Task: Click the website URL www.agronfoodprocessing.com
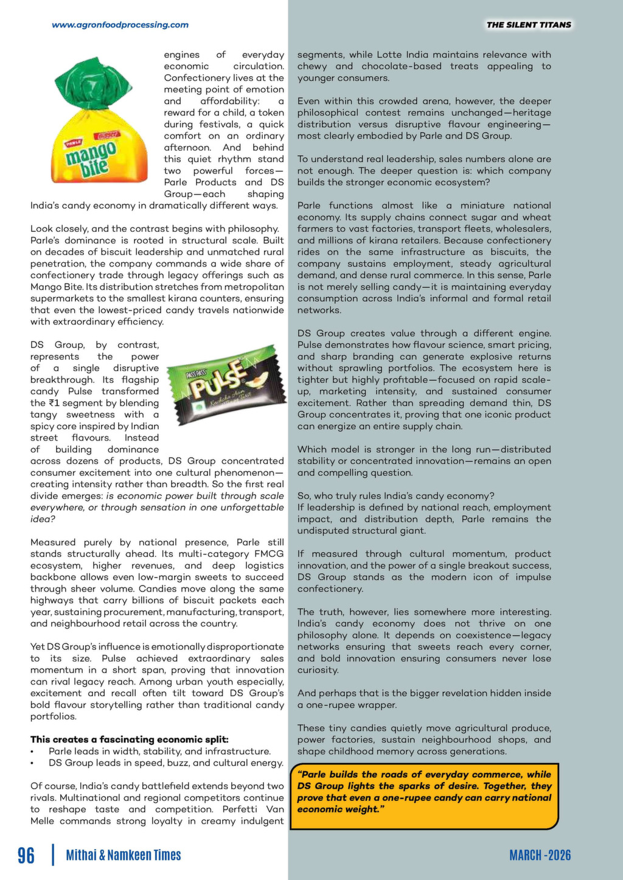pos(120,25)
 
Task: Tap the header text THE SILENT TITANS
pos(529,25)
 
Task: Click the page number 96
pos(26,855)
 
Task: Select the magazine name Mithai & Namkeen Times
pos(124,855)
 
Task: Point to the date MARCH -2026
pos(540,855)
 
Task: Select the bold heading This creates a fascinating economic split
pos(130,739)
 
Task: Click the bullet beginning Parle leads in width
pos(159,751)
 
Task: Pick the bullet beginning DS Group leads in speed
pos(165,763)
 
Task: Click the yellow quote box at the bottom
pos(424,796)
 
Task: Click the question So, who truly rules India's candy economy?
pos(395,495)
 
